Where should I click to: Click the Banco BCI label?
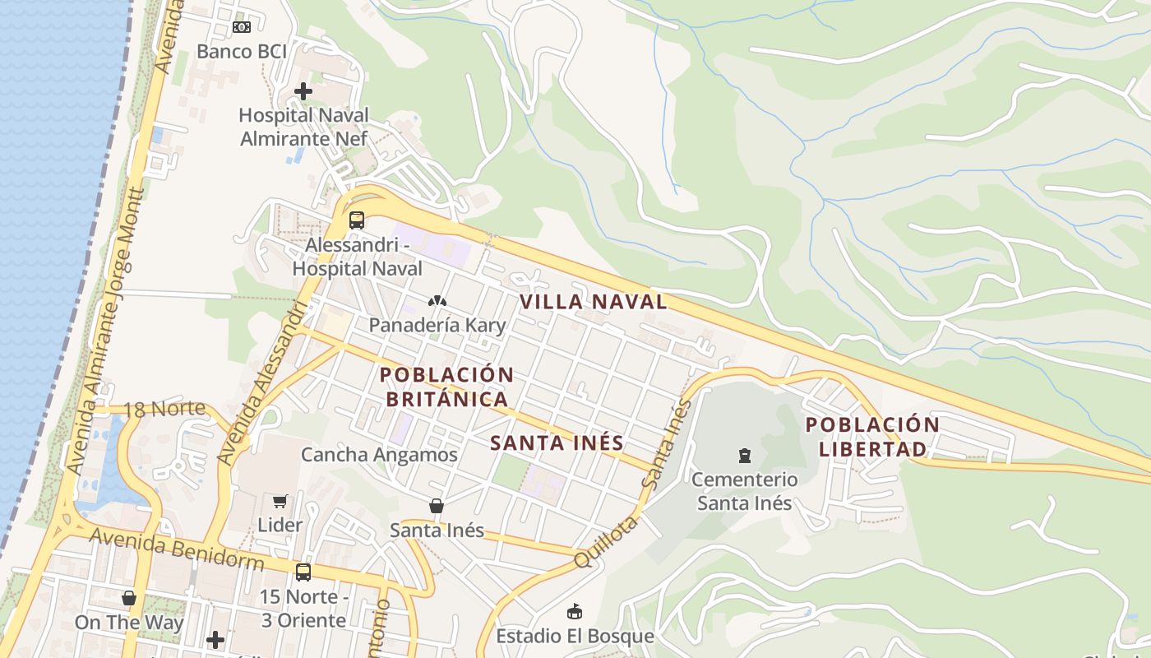click(x=242, y=51)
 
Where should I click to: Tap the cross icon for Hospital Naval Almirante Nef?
click(x=303, y=91)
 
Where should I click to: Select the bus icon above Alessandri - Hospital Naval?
click(x=356, y=220)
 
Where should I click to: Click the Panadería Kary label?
click(x=437, y=325)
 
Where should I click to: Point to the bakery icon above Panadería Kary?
click(x=437, y=301)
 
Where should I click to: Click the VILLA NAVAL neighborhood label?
click(x=594, y=302)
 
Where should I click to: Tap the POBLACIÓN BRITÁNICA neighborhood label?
click(x=446, y=387)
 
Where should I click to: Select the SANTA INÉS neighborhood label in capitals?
click(x=557, y=443)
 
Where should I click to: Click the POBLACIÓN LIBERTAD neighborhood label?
click(x=872, y=437)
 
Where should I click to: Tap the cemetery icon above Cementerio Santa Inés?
click(x=745, y=455)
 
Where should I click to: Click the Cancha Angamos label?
click(x=379, y=454)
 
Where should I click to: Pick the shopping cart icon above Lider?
click(x=280, y=501)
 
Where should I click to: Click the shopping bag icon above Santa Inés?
click(x=437, y=506)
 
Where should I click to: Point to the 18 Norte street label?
click(x=164, y=408)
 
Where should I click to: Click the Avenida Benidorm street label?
click(x=177, y=550)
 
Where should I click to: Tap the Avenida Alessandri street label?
click(x=265, y=382)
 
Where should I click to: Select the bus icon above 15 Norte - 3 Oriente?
click(x=303, y=572)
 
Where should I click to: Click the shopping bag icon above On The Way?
click(x=129, y=598)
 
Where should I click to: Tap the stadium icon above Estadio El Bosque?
click(x=575, y=611)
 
